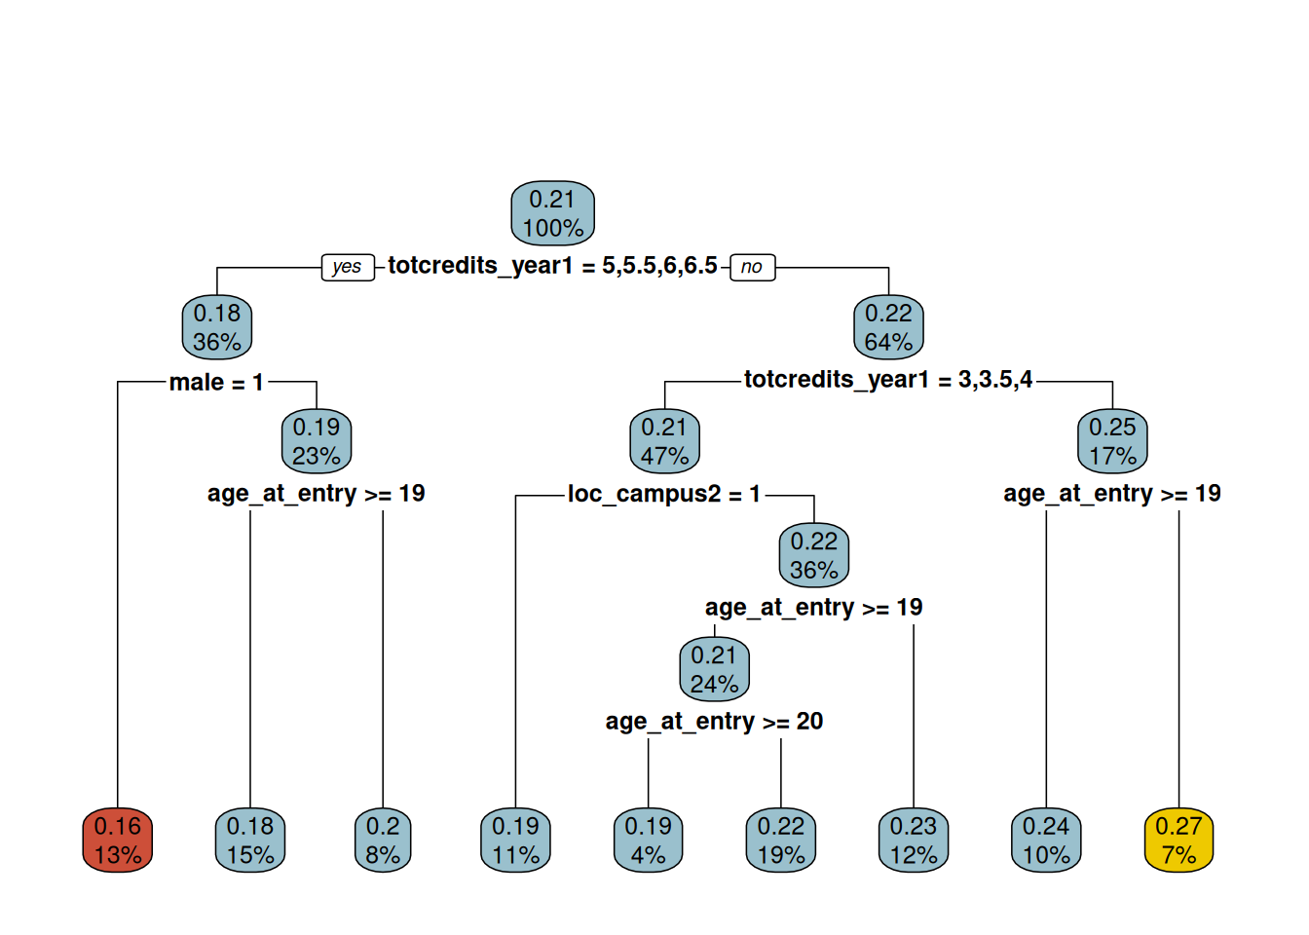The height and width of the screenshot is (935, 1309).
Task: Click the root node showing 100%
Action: click(552, 213)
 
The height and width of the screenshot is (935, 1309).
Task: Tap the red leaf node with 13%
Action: click(118, 841)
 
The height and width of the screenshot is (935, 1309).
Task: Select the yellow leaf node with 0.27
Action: click(1178, 841)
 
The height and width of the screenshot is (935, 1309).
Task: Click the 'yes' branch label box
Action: click(348, 267)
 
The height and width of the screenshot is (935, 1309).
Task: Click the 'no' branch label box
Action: click(752, 267)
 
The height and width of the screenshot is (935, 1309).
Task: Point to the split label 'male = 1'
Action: click(216, 383)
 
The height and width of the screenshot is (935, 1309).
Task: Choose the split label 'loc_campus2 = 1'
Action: click(664, 495)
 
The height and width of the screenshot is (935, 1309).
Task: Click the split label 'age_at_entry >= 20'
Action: click(714, 722)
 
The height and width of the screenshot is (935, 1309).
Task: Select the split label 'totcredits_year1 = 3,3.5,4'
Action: click(888, 380)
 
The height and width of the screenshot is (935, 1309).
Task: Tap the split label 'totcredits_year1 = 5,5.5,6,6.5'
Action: click(552, 266)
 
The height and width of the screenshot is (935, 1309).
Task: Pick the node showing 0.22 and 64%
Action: click(888, 327)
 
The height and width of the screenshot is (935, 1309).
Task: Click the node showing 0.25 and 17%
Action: click(1112, 441)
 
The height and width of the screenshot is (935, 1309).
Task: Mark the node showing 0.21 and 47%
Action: click(664, 441)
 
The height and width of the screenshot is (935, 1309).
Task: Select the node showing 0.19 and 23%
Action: click(317, 441)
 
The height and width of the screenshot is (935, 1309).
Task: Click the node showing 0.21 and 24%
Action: click(714, 669)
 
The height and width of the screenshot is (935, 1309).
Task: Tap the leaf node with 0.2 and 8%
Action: click(383, 841)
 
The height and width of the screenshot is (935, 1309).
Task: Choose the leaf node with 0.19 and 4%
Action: click(648, 841)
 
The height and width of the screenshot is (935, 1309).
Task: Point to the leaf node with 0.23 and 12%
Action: click(914, 841)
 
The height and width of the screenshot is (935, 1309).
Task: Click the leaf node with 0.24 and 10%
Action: click(1046, 841)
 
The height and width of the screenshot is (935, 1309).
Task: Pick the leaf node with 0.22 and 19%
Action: click(781, 841)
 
